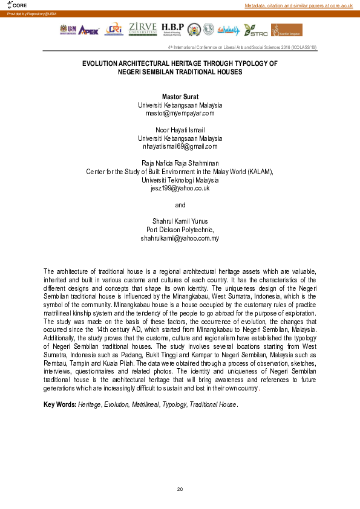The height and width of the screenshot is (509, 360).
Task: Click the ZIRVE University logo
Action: (x=143, y=29)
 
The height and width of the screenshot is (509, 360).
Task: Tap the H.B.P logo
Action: (x=172, y=29)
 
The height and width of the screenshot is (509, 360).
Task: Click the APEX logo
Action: (x=88, y=30)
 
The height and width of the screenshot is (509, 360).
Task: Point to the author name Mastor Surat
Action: (x=180, y=97)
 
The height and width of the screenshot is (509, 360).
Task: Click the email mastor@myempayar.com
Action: (x=180, y=112)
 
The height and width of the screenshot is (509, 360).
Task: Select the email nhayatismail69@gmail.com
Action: (x=180, y=146)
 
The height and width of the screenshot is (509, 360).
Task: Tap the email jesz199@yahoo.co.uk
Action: (x=180, y=188)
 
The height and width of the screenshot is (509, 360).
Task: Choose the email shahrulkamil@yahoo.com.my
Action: (x=180, y=238)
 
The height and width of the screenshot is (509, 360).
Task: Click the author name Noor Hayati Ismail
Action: (x=180, y=130)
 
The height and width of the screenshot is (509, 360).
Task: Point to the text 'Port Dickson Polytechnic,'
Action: (x=180, y=230)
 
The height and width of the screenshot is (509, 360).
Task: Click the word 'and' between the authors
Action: (x=180, y=205)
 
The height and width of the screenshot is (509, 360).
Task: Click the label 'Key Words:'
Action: (x=60, y=404)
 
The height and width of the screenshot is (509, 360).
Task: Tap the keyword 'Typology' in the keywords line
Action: (x=174, y=404)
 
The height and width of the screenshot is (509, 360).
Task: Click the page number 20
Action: (x=180, y=488)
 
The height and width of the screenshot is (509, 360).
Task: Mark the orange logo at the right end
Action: (x=286, y=30)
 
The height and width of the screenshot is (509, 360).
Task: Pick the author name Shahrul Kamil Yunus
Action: (x=180, y=221)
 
